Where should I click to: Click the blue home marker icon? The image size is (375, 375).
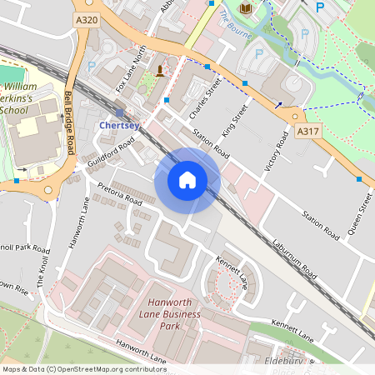click(x=187, y=180)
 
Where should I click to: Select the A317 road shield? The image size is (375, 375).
click(x=307, y=132)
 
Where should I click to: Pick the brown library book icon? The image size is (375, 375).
click(x=245, y=8)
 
